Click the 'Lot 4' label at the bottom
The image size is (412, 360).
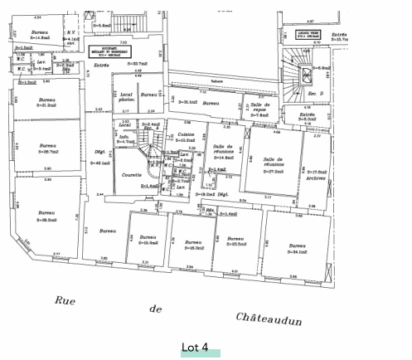(195, 348)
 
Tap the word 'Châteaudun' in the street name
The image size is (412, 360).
(269, 319)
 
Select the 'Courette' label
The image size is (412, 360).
(132, 175)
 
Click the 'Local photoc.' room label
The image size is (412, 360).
(127, 97)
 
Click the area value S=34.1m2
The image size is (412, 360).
(297, 253)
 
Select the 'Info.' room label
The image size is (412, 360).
(124, 138)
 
